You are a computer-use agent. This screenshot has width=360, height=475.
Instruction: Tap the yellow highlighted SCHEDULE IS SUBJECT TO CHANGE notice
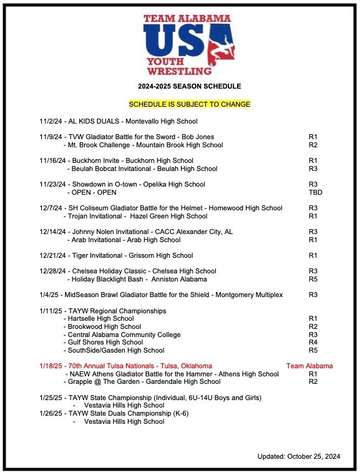[x=190, y=104]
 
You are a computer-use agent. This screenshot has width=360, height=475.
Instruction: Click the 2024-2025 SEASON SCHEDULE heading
[x=190, y=86]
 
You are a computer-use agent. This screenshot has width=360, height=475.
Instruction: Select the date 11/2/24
[x=51, y=121]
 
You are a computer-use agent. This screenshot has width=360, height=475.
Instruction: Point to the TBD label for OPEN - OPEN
[x=315, y=192]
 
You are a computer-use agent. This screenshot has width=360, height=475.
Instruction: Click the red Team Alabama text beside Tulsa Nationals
[x=309, y=366]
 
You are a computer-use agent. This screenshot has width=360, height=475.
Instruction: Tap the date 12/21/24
[x=52, y=255]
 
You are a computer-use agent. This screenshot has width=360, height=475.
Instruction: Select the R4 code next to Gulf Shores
[x=313, y=342]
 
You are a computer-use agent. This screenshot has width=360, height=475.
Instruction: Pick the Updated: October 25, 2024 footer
[x=299, y=457]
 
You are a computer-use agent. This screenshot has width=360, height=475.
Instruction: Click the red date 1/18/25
[x=52, y=366]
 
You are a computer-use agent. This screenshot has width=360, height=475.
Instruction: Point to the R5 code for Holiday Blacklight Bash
[x=313, y=279]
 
